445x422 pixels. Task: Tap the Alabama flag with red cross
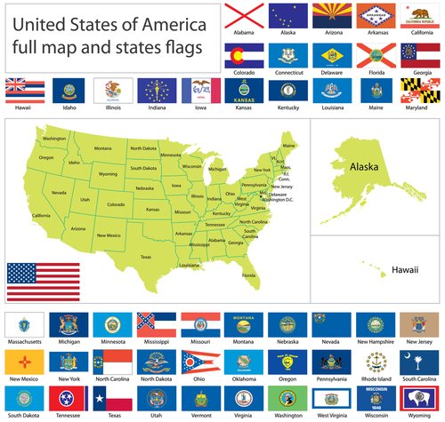(x=242, y=13)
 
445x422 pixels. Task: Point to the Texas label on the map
(x=146, y=257)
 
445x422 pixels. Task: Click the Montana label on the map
(x=103, y=148)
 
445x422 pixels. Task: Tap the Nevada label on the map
(x=59, y=193)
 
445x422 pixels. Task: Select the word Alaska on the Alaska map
(x=364, y=166)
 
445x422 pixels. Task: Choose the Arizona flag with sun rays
(x=329, y=13)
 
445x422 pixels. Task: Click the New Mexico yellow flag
(x=24, y=360)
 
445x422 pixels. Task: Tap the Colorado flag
(x=242, y=53)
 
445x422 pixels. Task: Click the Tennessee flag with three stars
(x=68, y=396)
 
